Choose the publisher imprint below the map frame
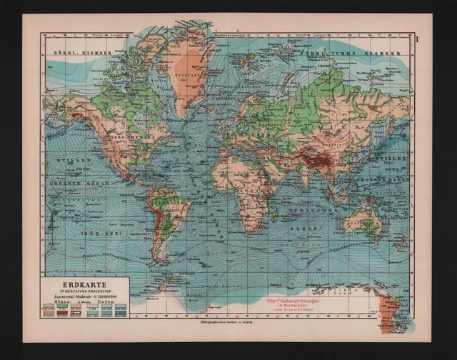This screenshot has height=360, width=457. click(221, 324)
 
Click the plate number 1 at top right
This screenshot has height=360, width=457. click(419, 29)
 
